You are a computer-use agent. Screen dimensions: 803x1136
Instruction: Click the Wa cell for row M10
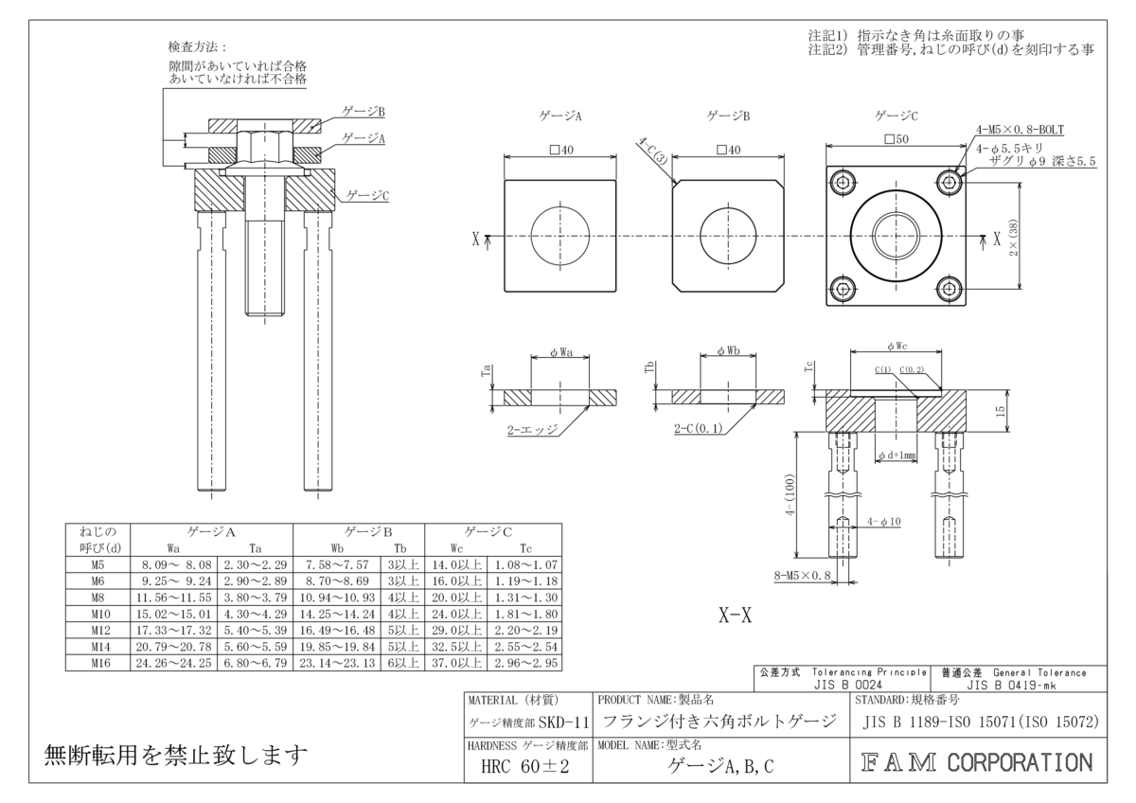pyautogui.click(x=173, y=614)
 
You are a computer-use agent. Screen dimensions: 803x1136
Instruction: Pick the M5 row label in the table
pyautogui.click(x=97, y=563)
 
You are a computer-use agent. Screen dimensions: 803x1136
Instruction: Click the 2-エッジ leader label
pyautogui.click(x=532, y=429)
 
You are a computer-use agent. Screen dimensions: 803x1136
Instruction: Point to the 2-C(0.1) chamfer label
pyautogui.click(x=699, y=429)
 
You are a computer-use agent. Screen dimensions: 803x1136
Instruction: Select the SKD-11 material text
pyautogui.click(x=564, y=723)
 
